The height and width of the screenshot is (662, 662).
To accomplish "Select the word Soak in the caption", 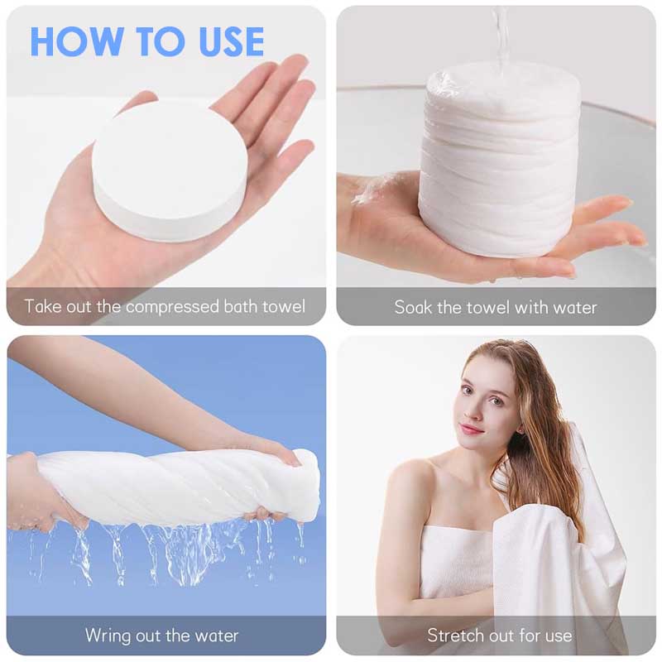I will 413,307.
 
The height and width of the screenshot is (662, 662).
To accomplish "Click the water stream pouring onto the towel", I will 501,33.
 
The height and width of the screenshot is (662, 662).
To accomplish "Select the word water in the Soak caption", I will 574,307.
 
